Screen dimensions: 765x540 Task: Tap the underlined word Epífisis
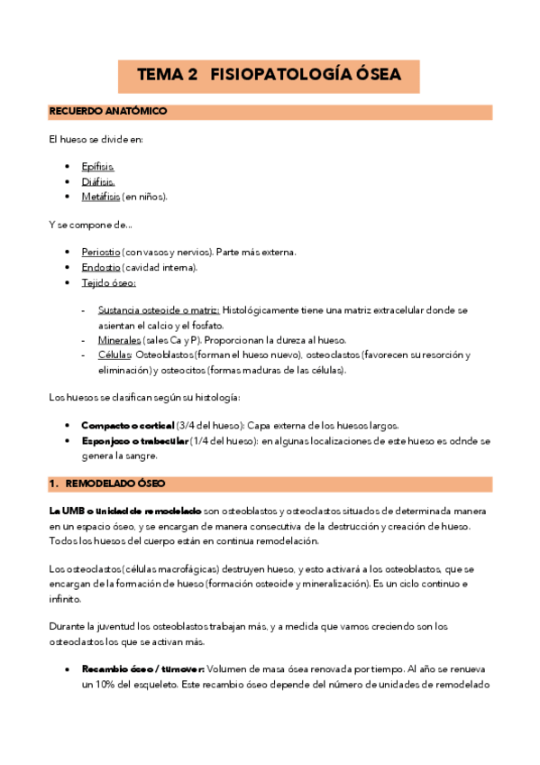click(x=97, y=167)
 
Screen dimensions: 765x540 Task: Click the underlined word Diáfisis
click(x=97, y=181)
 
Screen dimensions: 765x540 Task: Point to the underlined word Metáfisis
click(x=100, y=196)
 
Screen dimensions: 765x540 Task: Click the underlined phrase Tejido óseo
click(x=108, y=282)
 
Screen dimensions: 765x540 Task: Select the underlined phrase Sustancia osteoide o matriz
click(x=158, y=310)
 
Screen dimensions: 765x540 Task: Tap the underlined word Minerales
click(x=119, y=340)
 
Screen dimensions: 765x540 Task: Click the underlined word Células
click(x=114, y=355)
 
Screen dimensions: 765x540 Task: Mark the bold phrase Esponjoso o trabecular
click(x=134, y=440)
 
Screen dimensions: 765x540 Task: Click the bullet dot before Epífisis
click(x=69, y=167)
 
